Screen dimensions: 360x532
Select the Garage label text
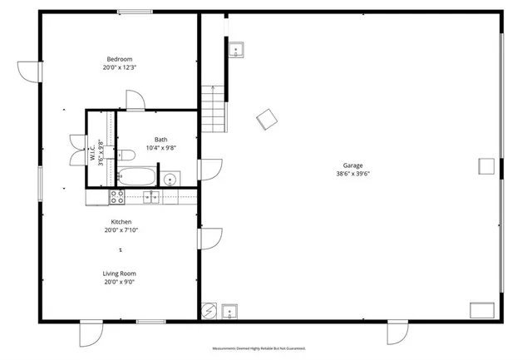(x=352, y=165)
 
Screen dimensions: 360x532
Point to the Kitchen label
(x=121, y=222)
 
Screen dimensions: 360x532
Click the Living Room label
(x=120, y=273)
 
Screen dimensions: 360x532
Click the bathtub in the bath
(x=135, y=175)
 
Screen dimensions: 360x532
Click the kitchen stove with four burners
(x=117, y=197)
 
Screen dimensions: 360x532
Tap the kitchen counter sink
(x=151, y=197)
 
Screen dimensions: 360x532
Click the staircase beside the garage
(x=214, y=106)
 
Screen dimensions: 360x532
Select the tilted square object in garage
(x=267, y=120)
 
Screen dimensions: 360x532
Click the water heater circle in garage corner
(x=211, y=312)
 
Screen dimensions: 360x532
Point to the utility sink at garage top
(x=236, y=50)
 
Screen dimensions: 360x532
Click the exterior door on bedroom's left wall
(x=30, y=72)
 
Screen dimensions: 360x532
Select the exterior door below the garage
(x=397, y=333)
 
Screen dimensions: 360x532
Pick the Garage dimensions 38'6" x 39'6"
(x=352, y=174)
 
